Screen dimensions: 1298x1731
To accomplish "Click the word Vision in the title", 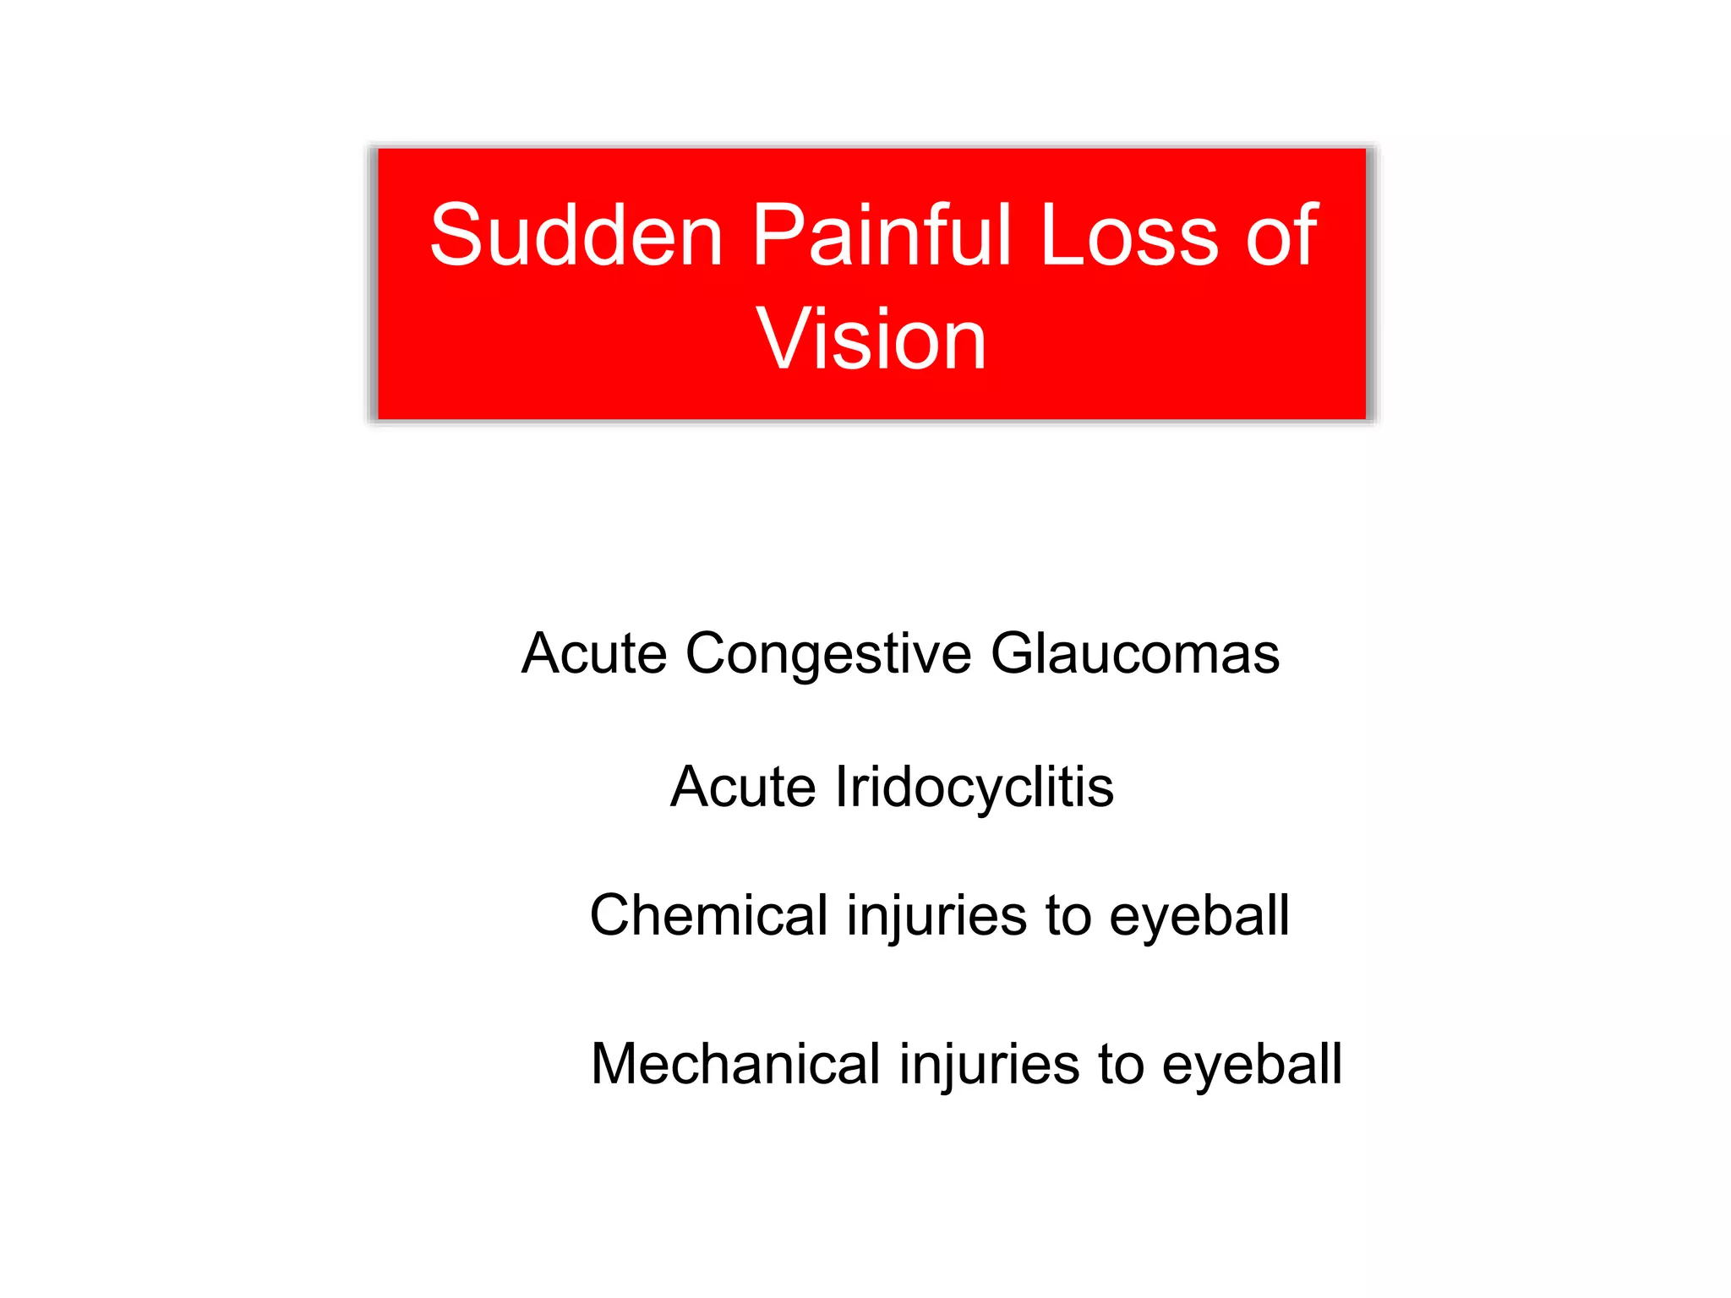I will point(871,340).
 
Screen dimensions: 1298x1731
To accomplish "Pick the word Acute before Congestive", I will point(593,654).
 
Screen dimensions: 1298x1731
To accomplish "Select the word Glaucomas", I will point(1135,654).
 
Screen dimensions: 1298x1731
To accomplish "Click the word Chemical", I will point(708,916).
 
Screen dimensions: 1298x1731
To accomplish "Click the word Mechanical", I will point(735,1065).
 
